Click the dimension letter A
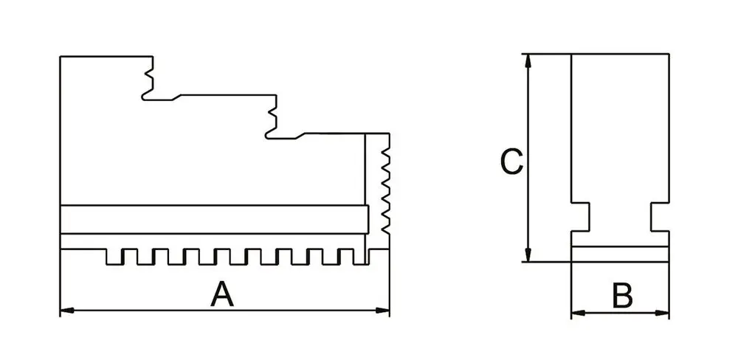coord(221,294)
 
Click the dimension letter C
coord(511,162)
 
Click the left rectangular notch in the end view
coord(581,215)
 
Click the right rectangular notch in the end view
coord(660,215)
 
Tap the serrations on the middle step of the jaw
coord(272,117)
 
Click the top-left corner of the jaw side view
coord(61,57)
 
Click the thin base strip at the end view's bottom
coord(621,253)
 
